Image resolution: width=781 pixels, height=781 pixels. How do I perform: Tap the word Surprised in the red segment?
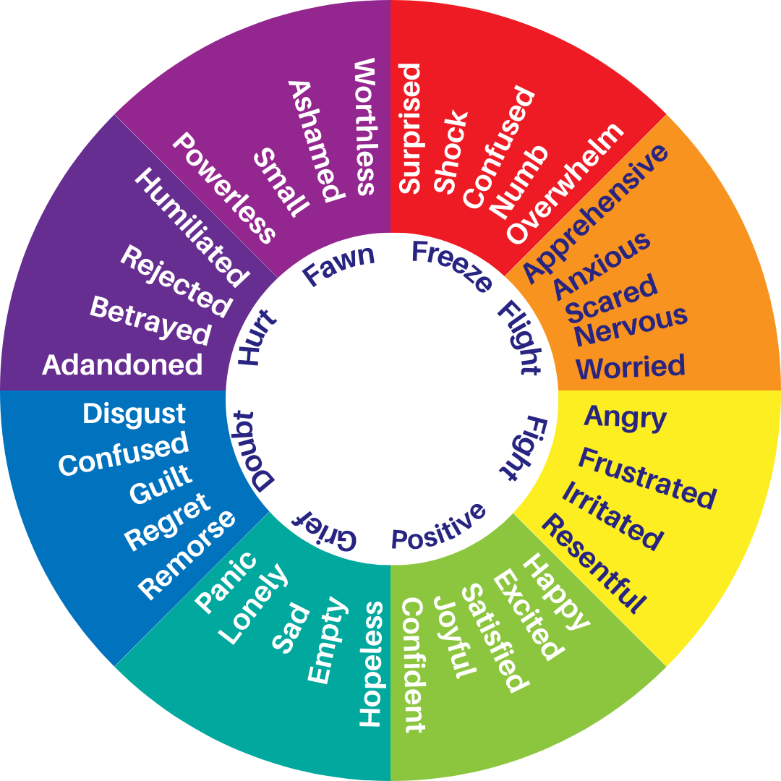(410, 129)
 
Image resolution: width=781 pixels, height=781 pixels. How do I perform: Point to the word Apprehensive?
(595, 213)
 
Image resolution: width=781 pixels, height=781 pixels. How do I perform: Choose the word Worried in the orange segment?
(631, 367)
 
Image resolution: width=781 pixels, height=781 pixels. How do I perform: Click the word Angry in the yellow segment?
(625, 417)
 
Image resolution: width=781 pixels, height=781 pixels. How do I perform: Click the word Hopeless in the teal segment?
(371, 663)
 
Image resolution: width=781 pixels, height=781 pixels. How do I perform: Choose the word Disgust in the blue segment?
(135, 414)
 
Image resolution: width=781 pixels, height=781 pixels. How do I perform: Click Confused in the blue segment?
(124, 453)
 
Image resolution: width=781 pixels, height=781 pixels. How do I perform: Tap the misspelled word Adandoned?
(122, 364)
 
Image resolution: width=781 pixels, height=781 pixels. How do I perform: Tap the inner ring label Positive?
(438, 526)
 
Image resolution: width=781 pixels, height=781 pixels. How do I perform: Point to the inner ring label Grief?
(324, 532)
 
